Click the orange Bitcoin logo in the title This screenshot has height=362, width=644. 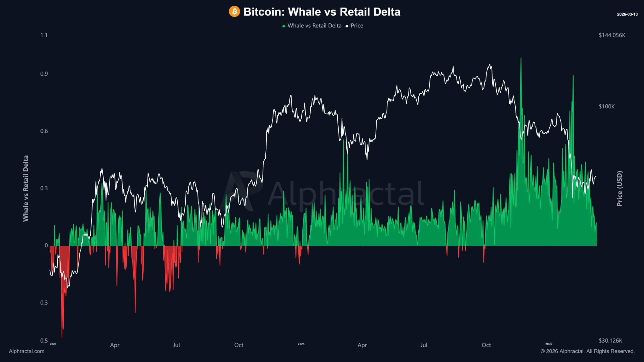tap(234, 12)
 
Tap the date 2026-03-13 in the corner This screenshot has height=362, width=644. tap(627, 14)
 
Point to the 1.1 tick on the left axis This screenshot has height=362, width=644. tap(44, 35)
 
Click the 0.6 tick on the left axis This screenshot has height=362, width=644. tap(44, 131)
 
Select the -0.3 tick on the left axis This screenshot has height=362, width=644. tap(43, 302)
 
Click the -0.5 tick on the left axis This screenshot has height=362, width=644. tap(43, 341)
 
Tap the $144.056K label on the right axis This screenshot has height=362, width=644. tap(612, 35)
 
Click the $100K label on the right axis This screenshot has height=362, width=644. tap(607, 107)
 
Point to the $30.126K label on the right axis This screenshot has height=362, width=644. tap(610, 341)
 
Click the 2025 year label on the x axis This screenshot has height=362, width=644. tap(301, 344)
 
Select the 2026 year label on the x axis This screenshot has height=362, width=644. tap(548, 344)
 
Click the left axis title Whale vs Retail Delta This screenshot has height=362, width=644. tap(26, 189)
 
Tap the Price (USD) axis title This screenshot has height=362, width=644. tap(620, 189)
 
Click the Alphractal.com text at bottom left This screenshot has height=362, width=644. tap(27, 351)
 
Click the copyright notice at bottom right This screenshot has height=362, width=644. tap(587, 351)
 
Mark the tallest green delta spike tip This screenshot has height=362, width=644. tap(521, 58)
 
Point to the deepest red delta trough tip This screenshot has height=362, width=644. tap(62, 338)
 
